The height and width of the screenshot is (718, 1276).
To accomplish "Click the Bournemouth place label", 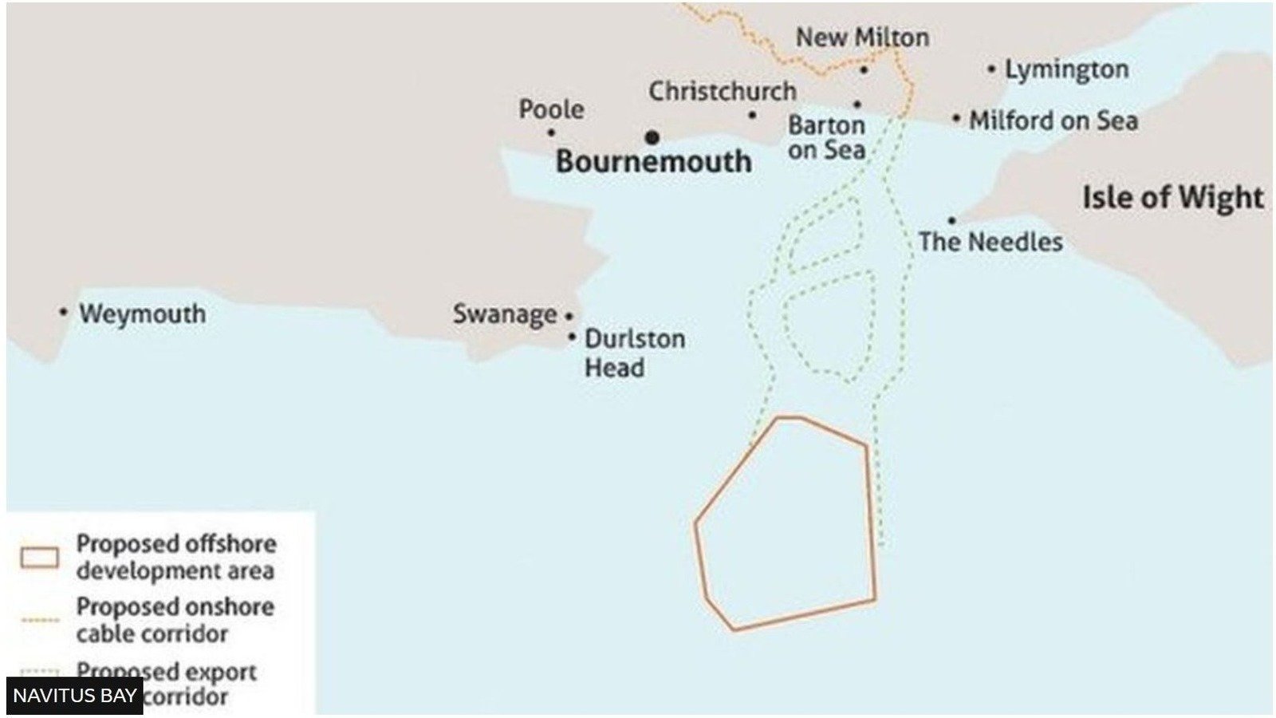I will [x=653, y=162].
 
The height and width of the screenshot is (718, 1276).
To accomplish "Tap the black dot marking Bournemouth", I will [x=652, y=137].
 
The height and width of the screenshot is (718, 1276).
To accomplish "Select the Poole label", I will [x=551, y=109].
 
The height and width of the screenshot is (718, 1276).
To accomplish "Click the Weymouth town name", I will [x=142, y=314].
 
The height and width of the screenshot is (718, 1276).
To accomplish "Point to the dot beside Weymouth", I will [x=64, y=312].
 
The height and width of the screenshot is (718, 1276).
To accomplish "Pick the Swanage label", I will [x=505, y=314].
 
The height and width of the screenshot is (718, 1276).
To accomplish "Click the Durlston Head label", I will [x=634, y=353].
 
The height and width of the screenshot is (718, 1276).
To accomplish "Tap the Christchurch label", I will [x=722, y=92].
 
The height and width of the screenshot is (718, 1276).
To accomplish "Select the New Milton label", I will [x=862, y=37].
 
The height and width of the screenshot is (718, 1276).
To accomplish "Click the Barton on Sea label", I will [x=826, y=137].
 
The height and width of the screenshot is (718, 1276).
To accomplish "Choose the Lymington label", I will [x=1066, y=70].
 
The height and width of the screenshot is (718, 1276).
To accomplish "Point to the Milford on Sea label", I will [x=1053, y=121].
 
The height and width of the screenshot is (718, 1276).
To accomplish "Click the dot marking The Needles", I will [x=951, y=220].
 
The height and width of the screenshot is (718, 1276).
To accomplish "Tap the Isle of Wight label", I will [x=1172, y=197].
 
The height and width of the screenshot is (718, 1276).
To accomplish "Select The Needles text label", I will [x=990, y=242].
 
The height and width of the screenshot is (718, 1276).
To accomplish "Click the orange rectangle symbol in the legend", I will [x=40, y=557].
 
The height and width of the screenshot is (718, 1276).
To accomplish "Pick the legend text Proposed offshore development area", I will [x=175, y=557].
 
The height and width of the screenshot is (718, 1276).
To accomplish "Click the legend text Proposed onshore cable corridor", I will [x=175, y=620].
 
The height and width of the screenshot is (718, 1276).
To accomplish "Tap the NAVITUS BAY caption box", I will [x=74, y=696].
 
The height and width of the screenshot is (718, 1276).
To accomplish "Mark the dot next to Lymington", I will [x=991, y=69].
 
